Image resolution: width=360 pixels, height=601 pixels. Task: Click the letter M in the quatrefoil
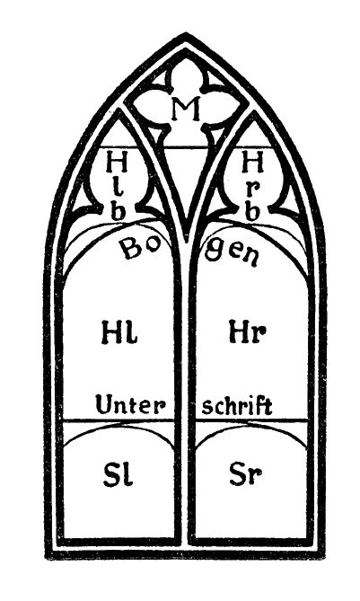click(186, 109)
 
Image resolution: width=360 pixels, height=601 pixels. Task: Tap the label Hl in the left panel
click(120, 331)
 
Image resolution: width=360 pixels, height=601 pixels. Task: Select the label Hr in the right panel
click(247, 331)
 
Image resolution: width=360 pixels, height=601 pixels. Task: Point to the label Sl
click(118, 474)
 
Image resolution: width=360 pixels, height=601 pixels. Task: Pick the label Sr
click(245, 474)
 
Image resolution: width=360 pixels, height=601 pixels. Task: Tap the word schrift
click(237, 405)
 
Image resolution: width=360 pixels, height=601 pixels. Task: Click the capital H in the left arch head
click(117, 162)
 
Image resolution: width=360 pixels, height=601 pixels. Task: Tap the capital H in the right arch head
click(253, 162)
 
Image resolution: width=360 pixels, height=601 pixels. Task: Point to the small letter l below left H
click(119, 190)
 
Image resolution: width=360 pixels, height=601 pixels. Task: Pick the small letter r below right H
click(254, 190)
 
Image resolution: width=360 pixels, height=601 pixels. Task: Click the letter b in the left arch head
click(118, 212)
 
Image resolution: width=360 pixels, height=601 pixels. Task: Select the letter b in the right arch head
click(251, 212)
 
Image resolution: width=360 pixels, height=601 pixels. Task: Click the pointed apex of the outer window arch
click(186, 34)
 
